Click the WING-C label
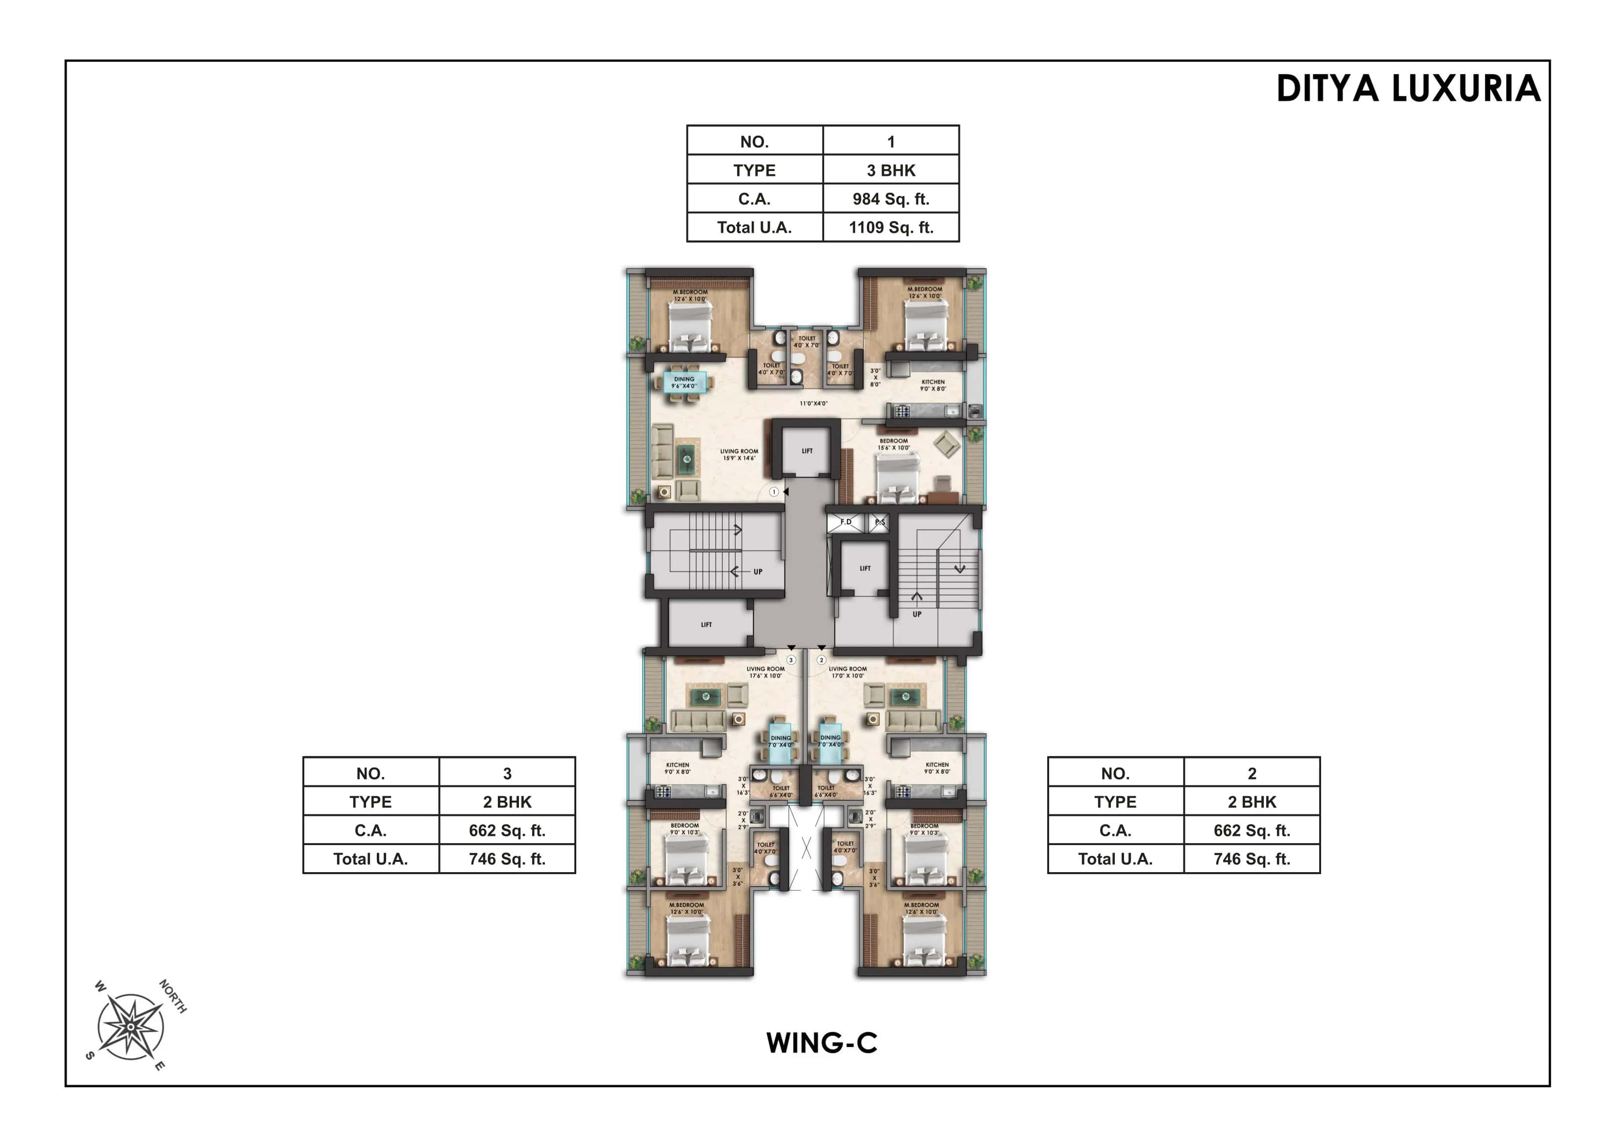pos(822,1043)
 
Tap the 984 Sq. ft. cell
pos(890,199)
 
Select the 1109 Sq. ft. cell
pos(890,227)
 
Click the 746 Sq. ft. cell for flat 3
pos(507,859)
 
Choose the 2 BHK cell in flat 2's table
pos(1251,802)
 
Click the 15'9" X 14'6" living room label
pos(738,455)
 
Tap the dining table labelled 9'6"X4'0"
pos(684,383)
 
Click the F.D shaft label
pos(845,522)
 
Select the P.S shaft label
pos(879,522)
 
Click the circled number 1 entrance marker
pos(774,491)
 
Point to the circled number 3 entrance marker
pos(791,660)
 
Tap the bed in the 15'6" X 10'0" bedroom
pos(897,477)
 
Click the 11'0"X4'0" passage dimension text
pos(813,404)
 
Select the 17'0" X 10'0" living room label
pos(847,672)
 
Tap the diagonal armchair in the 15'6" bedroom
pos(946,444)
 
